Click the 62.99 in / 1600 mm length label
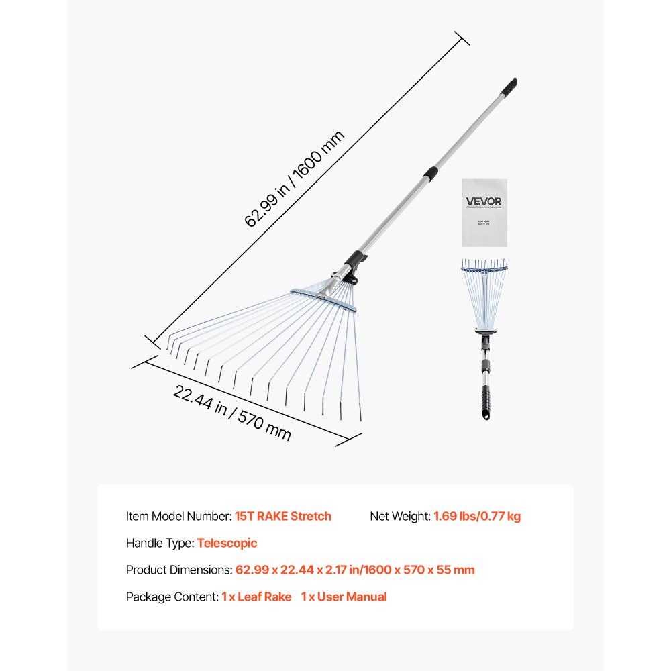pos(295,179)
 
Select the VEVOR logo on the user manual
pos(484,201)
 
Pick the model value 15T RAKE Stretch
pos(283,516)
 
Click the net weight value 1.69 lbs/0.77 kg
pos(477,516)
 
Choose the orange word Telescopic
pos(227,543)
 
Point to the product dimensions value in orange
pos(355,570)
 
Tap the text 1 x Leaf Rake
pos(256,597)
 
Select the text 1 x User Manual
pos(344,597)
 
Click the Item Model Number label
pos(178,516)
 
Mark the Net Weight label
pos(400,516)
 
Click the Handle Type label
pos(160,543)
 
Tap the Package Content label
pos(172,597)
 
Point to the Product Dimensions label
pos(178,570)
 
